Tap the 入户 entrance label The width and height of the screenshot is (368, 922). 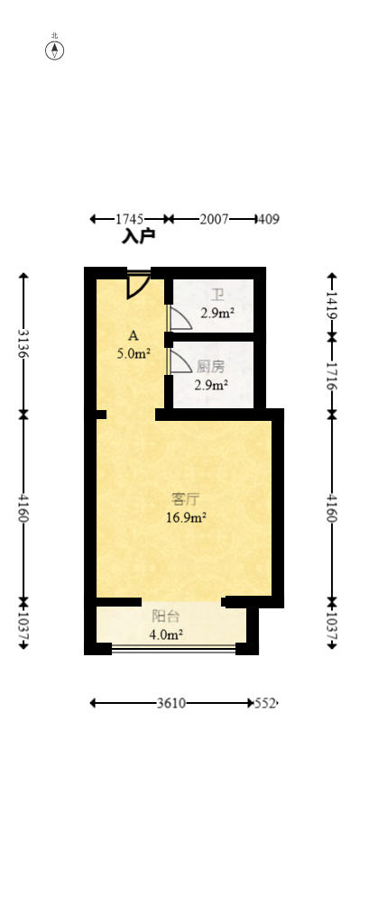coord(138,237)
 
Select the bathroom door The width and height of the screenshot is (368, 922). coord(179,317)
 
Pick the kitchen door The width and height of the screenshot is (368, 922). coord(179,361)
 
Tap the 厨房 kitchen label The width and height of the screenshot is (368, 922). coord(211,368)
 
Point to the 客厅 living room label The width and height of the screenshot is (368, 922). coord(186,500)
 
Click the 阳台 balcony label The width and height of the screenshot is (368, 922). coord(166,616)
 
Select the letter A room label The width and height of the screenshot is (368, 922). coord(133,336)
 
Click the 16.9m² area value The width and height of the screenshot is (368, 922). coord(186,518)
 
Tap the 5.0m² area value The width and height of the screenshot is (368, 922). coord(134,354)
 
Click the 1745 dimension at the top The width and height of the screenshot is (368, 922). coord(129,219)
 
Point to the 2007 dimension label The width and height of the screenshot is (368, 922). coord(215,219)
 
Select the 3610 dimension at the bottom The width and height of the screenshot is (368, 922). coord(171,703)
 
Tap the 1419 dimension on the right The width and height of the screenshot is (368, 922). coord(332,305)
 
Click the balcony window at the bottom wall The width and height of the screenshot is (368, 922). coord(174,649)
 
